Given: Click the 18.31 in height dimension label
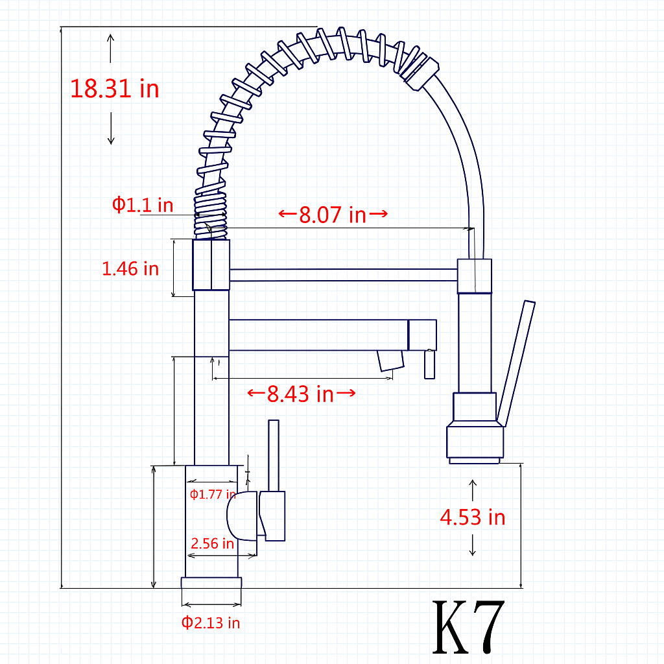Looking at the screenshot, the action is click(x=114, y=89).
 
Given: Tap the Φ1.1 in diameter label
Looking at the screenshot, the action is click(x=143, y=205).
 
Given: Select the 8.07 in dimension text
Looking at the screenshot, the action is click(x=333, y=215).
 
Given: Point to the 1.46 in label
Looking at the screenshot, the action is click(x=130, y=269).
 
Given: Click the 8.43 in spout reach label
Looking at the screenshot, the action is click(x=300, y=394).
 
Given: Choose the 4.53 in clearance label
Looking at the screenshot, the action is click(x=473, y=517).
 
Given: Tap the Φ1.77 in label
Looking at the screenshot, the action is click(x=213, y=494).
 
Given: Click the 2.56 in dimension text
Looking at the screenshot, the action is click(x=212, y=543).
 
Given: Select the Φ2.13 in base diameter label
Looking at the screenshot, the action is click(x=211, y=623).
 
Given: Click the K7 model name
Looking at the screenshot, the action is click(x=468, y=628).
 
